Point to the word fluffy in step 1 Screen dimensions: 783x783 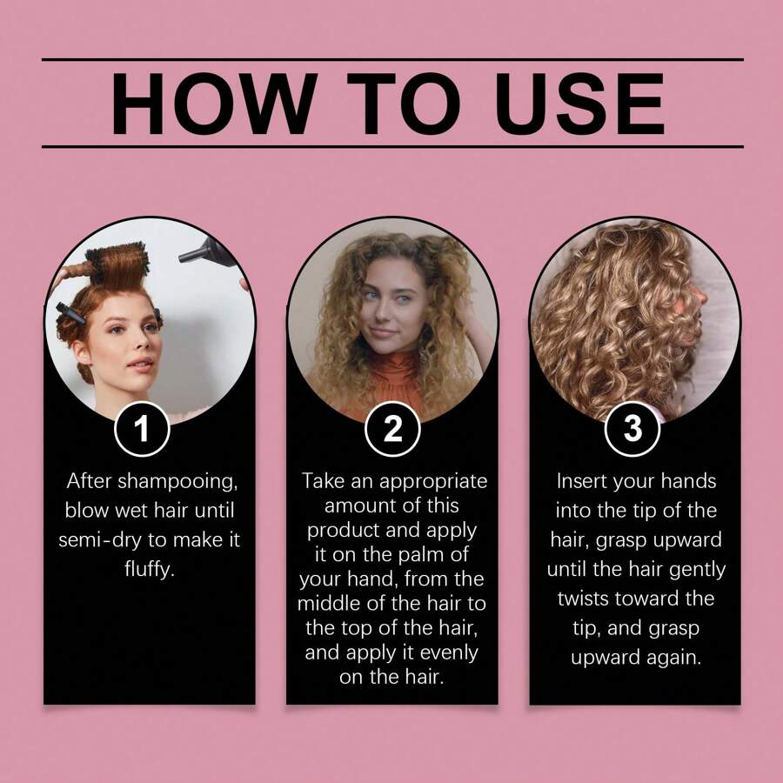[x=150, y=570]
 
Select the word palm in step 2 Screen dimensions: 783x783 [x=407, y=550]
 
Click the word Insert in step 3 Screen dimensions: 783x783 [x=582, y=481]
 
